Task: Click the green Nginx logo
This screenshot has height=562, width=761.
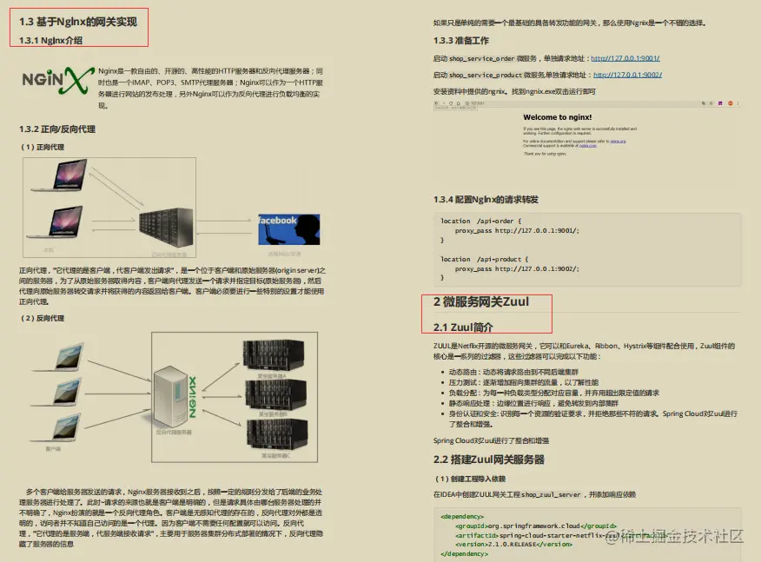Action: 56,81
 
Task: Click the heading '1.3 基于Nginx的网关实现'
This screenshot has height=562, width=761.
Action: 78,22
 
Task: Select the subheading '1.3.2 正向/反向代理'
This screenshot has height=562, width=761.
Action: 57,129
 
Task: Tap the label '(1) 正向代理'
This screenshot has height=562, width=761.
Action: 43,147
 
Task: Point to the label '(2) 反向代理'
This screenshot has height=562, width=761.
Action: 43,318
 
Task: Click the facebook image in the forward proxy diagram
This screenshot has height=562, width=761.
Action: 288,230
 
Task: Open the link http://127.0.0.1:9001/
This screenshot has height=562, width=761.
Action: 625,59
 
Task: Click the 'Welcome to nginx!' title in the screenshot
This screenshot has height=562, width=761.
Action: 558,117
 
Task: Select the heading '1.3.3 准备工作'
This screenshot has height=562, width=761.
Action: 461,40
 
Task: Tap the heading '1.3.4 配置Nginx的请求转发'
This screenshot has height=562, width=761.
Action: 486,199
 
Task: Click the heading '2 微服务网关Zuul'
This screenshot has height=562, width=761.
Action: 480,302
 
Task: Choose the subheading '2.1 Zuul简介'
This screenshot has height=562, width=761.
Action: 463,327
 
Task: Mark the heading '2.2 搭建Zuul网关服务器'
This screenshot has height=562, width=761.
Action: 489,459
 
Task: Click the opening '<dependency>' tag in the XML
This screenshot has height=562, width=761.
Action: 463,515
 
